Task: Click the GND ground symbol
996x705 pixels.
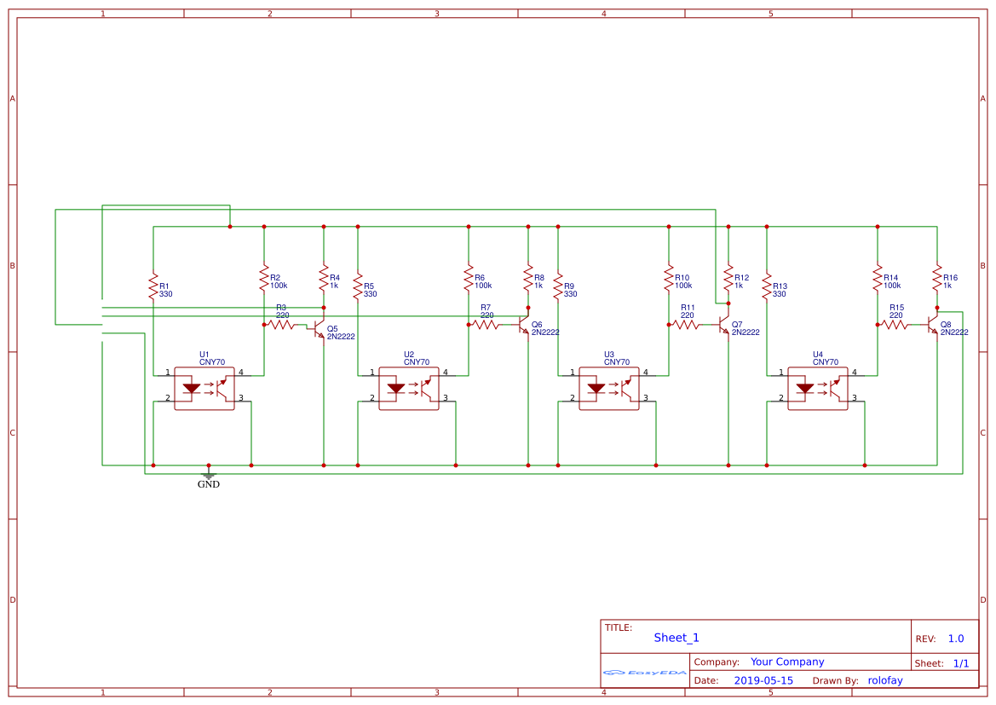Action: coord(209,475)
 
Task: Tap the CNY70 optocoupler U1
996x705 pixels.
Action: coord(204,389)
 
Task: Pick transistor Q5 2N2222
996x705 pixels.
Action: coord(320,328)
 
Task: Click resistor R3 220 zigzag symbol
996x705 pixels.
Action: coord(281,324)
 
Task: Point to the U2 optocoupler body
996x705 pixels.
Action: coord(409,389)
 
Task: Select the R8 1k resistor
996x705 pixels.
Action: coord(528,280)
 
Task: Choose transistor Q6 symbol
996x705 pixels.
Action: coord(524,326)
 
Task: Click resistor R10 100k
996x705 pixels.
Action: coord(669,280)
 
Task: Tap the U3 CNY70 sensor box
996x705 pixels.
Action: coord(609,389)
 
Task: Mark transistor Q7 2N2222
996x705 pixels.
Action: coord(724,326)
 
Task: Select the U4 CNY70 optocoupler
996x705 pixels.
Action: coord(818,389)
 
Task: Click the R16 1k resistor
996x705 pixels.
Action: coord(937,280)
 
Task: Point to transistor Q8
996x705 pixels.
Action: coord(933,326)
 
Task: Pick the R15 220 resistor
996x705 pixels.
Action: coord(895,324)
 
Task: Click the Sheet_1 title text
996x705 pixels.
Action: coord(676,638)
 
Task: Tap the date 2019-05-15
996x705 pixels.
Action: coord(763,680)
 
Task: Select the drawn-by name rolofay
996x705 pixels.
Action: coord(884,680)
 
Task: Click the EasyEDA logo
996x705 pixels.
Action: coord(645,673)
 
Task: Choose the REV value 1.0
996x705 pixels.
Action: coord(956,639)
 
